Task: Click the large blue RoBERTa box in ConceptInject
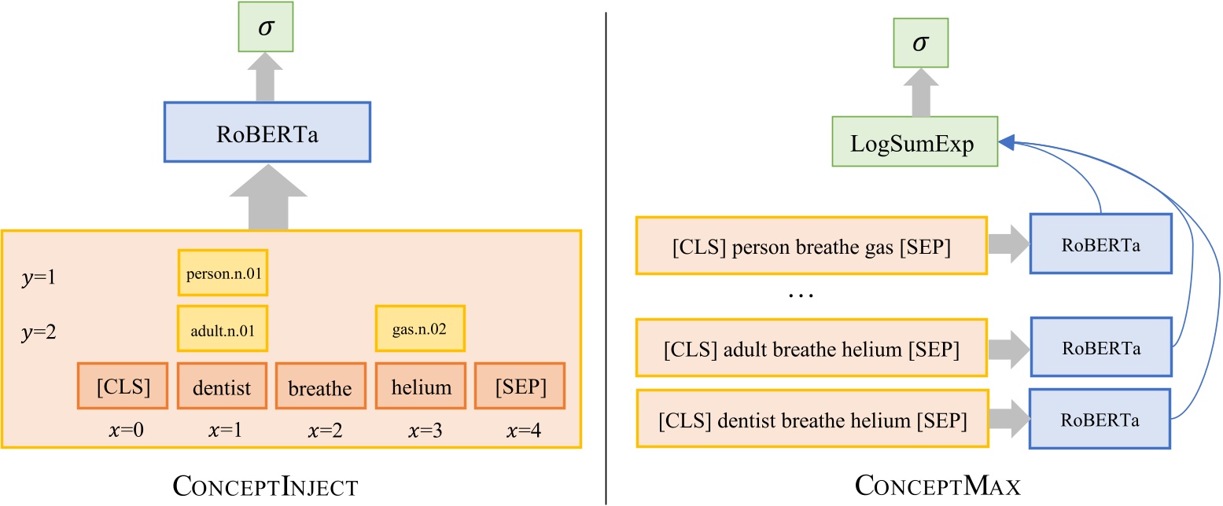click(267, 131)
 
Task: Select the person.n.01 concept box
click(223, 276)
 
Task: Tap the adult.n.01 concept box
click(223, 328)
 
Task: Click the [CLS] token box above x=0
click(123, 386)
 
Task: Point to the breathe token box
click(320, 386)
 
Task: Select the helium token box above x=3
click(421, 386)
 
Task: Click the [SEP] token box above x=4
click(520, 386)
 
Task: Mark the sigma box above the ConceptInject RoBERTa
click(267, 32)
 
